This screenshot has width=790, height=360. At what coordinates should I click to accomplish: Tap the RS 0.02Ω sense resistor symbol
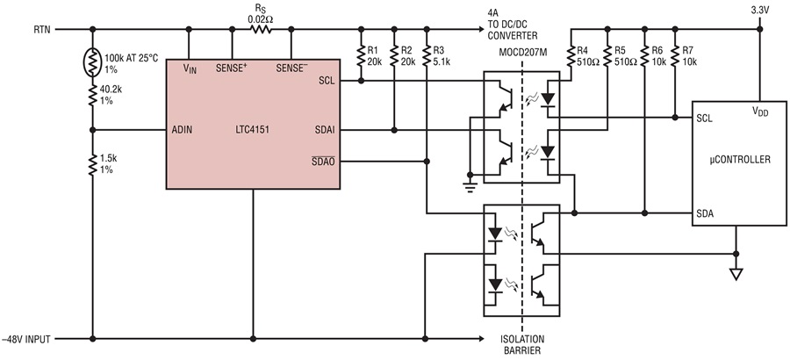click(261, 29)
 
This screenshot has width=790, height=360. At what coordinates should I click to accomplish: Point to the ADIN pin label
click(181, 130)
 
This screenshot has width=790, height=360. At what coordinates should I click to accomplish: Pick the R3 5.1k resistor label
click(442, 55)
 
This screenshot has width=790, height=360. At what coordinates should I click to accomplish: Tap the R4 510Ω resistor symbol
click(571, 56)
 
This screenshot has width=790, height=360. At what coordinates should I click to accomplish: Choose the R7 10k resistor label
click(689, 55)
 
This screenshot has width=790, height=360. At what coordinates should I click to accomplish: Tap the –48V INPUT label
click(25, 339)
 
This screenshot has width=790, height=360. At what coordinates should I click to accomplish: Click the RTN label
click(42, 29)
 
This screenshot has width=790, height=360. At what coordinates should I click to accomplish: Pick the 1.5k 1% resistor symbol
click(93, 165)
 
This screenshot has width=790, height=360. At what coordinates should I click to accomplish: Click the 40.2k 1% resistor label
click(111, 96)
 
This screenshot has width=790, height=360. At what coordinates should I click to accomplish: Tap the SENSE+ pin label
click(231, 68)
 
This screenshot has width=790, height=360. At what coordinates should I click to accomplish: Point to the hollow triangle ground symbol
click(736, 274)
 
